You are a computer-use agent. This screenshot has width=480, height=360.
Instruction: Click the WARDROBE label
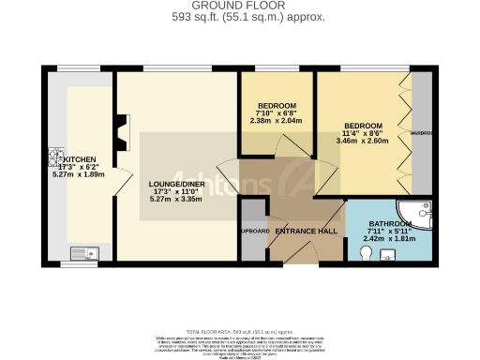click(421, 134)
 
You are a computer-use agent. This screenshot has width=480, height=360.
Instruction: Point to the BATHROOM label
click(389, 225)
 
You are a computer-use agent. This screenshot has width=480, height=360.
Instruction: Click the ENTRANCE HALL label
click(306, 232)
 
